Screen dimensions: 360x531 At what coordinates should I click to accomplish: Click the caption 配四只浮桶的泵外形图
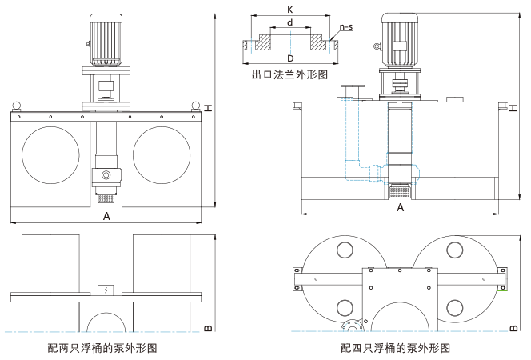coord(396,348)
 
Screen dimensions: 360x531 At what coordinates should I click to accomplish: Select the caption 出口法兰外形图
coord(289,75)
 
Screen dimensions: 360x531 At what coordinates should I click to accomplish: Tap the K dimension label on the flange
coord(289,8)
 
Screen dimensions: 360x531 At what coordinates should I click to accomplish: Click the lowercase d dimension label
coord(289,22)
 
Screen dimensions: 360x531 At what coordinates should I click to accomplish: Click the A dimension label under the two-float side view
coord(106,216)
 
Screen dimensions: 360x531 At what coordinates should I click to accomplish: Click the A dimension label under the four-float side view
coord(401,207)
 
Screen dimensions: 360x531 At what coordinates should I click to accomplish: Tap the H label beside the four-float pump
coord(513,106)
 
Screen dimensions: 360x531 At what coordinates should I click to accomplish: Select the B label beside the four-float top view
coord(513,327)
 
